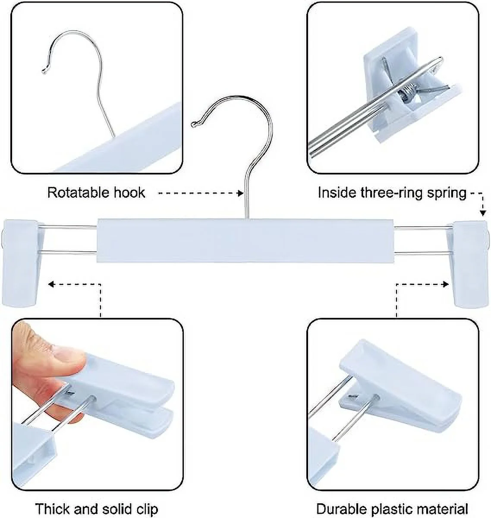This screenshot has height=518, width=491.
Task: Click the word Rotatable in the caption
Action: pos(78,193)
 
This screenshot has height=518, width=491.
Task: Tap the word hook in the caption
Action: pos(129,193)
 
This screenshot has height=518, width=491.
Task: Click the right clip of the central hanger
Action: pos(468,264)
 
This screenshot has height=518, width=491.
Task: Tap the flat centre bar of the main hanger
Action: pos(245,240)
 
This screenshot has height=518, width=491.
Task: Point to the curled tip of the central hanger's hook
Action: pos(194,124)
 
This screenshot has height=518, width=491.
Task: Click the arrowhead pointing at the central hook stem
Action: pos(240,193)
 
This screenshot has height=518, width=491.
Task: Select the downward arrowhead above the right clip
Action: pos(482,213)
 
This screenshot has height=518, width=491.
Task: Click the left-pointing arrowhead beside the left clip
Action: pos(51,284)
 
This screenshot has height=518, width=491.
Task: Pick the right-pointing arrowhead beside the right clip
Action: pos(446,284)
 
